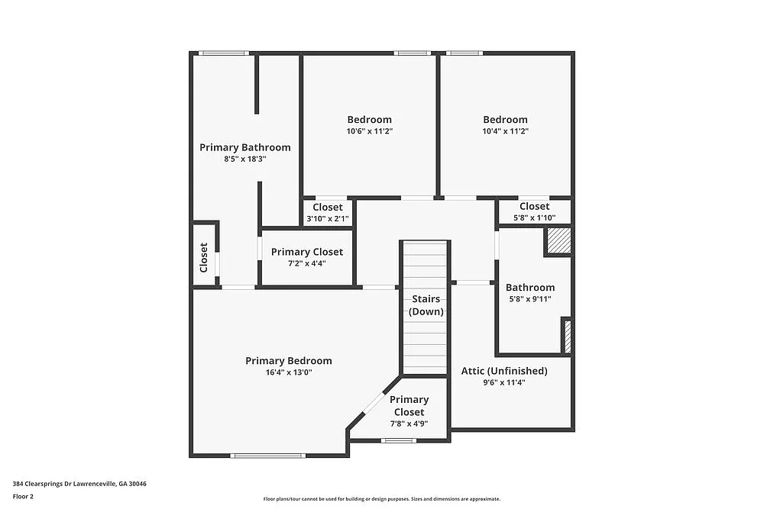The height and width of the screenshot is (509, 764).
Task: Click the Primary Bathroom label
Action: tap(244, 147)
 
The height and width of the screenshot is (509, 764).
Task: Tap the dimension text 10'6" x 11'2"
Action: tap(369, 131)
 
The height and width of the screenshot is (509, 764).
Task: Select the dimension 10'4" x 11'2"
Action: tap(505, 131)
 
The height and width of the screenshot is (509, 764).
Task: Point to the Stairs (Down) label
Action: tap(426, 305)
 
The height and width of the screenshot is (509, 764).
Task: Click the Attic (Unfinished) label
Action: tap(504, 371)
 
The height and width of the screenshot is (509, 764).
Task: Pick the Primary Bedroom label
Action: tap(288, 361)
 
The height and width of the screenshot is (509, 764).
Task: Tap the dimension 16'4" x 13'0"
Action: tap(288, 372)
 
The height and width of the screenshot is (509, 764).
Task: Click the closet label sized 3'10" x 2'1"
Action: tap(328, 207)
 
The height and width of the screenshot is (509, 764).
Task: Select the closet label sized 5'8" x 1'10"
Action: tap(534, 206)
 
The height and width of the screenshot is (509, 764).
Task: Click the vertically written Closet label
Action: tap(204, 257)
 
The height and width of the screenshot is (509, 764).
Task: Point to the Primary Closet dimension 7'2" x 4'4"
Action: tap(306, 264)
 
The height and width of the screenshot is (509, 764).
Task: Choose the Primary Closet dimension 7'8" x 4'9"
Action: tap(409, 424)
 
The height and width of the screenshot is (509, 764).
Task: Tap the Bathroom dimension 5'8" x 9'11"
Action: tap(529, 299)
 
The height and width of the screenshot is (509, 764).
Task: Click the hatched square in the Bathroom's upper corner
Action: tap(558, 241)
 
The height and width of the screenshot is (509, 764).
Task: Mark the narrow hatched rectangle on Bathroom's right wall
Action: tap(567, 336)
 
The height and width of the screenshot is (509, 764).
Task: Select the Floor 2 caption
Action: tap(24, 496)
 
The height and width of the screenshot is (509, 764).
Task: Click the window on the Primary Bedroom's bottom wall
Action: tap(267, 456)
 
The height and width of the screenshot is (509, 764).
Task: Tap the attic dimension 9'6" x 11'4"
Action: tap(504, 382)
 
